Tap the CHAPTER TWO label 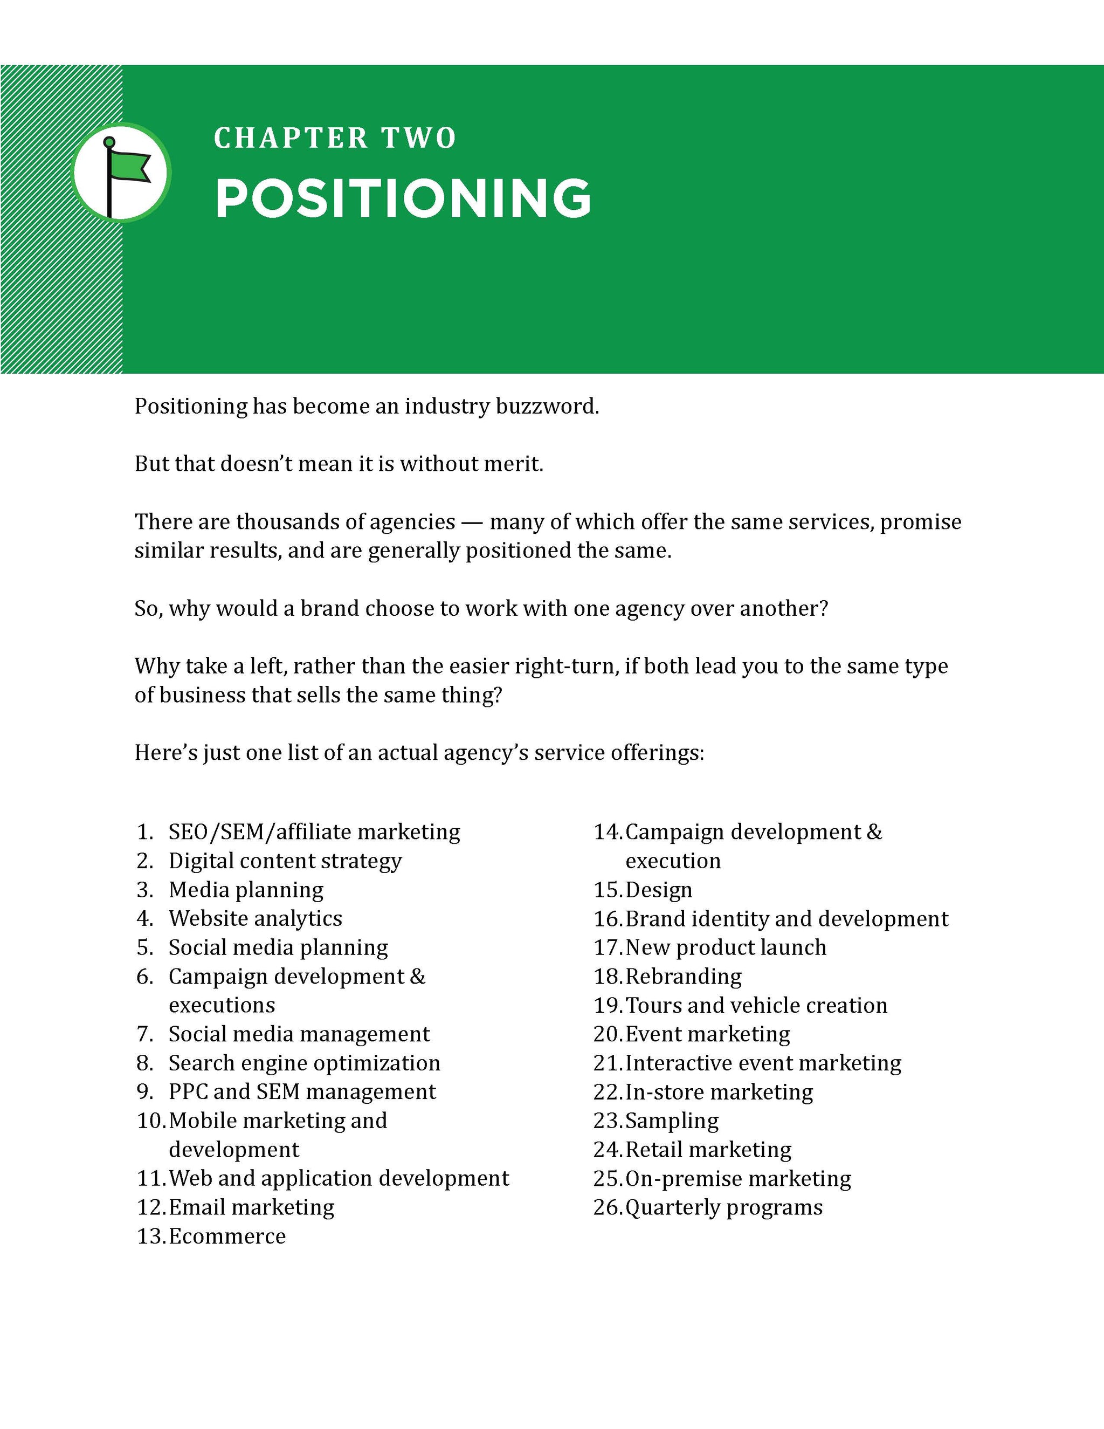coord(335,138)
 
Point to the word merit coord(518,464)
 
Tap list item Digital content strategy coord(285,861)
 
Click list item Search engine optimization coord(304,1063)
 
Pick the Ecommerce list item coord(227,1236)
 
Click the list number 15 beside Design coord(608,890)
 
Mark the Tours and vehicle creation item coord(756,1005)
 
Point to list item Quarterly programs coord(724,1207)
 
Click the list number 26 coord(608,1207)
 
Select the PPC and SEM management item coord(302,1091)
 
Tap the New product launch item coord(726,947)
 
